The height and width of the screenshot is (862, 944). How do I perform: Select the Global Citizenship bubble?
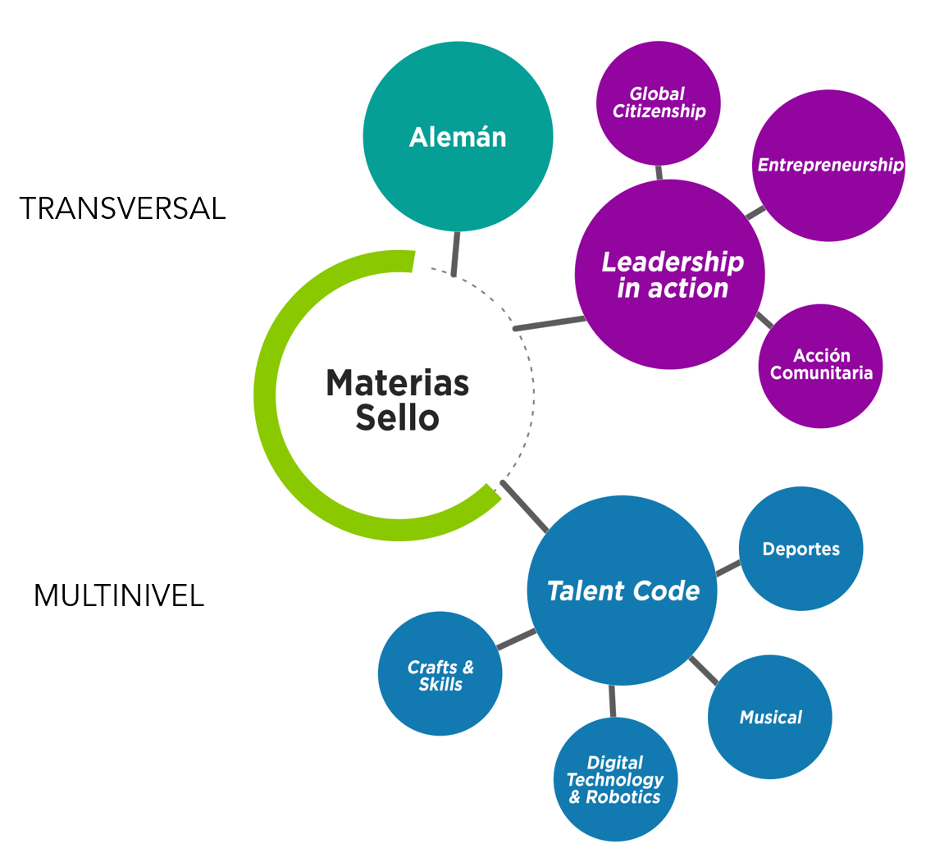(659, 103)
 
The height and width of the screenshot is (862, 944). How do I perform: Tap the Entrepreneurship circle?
(828, 165)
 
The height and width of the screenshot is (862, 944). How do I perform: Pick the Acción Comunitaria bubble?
(820, 365)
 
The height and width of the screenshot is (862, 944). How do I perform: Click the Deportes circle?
(800, 549)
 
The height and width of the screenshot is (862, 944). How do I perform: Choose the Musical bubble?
(770, 718)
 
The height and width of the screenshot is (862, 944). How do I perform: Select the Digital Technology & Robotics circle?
(615, 779)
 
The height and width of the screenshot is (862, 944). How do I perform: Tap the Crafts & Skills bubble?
(440, 675)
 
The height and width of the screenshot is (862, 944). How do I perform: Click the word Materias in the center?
(398, 383)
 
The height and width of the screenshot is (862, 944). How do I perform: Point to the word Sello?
(398, 418)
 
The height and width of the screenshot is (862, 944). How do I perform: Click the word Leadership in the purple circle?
(673, 262)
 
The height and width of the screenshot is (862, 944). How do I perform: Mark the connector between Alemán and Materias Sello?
(456, 253)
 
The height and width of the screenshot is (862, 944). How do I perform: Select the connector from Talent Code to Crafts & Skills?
(516, 640)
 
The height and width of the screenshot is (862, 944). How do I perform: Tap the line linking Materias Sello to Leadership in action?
(550, 323)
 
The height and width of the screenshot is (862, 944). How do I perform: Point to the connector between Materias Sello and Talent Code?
(525, 507)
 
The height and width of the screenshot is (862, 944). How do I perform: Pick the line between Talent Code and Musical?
(704, 670)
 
